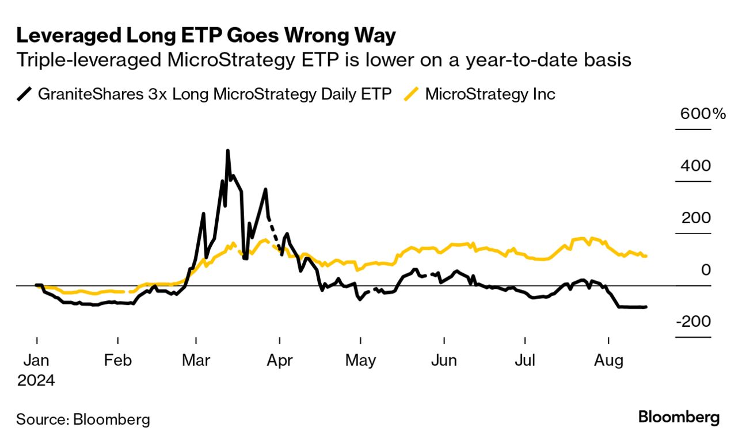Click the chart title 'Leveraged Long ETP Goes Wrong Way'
point(206,36)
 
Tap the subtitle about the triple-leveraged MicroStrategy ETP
point(324,60)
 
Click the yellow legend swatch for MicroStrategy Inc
point(410,94)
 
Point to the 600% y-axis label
point(703,113)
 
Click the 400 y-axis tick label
point(695,166)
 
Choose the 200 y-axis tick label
point(695,218)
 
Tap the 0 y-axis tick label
point(705,270)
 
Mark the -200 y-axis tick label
point(692,322)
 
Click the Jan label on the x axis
point(37,361)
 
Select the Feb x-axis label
point(117,361)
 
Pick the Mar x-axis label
point(196,361)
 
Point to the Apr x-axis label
point(279,361)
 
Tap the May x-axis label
point(360,361)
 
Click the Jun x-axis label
point(444,361)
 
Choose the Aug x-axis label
point(608,361)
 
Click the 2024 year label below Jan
point(36,380)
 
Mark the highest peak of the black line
point(228,151)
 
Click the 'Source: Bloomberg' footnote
point(83,419)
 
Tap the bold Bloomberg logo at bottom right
point(679,417)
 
